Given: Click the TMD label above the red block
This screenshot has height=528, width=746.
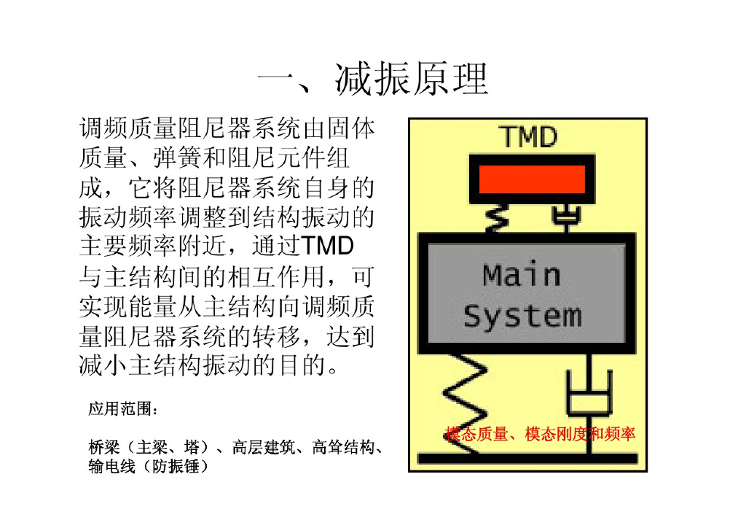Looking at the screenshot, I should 529,136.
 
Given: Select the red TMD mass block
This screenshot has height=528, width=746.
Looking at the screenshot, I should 531,179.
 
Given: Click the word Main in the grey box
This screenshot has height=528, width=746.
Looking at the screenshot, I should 522,276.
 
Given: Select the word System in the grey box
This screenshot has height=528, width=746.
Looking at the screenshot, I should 522,317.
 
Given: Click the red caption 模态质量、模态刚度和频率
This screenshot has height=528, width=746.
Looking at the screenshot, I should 540,435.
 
